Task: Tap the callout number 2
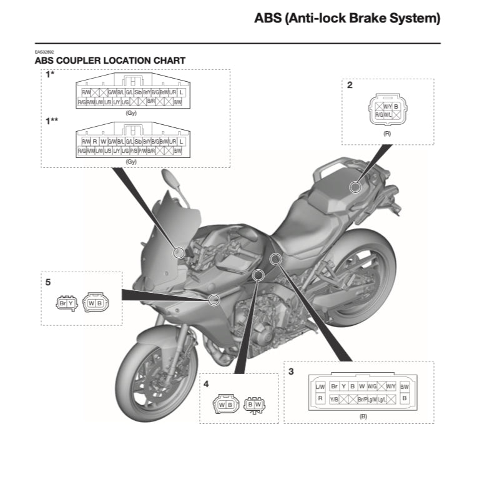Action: click(x=350, y=85)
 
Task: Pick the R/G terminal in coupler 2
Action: click(x=379, y=115)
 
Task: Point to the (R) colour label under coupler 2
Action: click(x=387, y=134)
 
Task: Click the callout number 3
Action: click(x=291, y=371)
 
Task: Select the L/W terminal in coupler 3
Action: click(x=320, y=387)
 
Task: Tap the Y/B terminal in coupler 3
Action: click(x=334, y=398)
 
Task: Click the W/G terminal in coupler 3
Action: click(x=371, y=387)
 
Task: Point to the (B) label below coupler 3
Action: click(x=363, y=416)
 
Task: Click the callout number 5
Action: click(x=48, y=282)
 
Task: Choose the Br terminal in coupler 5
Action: click(x=62, y=303)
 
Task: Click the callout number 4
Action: click(x=207, y=385)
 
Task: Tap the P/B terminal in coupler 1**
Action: click(x=133, y=151)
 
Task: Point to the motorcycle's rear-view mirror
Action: click(x=172, y=180)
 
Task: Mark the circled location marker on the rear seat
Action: click(x=355, y=187)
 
